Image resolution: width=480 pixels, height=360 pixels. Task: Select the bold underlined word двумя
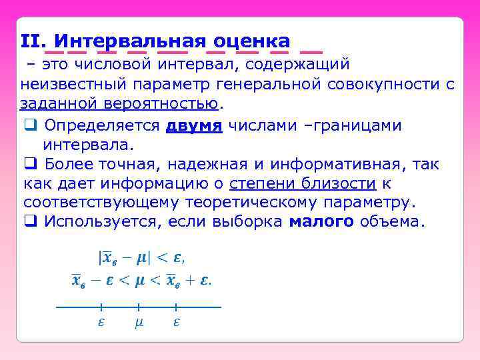tap(193, 125)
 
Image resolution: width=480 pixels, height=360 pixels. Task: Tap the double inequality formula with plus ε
tap(141, 281)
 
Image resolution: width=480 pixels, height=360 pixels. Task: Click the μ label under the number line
tap(139, 323)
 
